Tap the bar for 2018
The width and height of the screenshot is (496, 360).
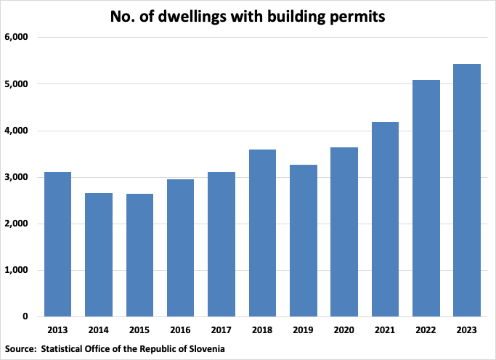[x=262, y=233]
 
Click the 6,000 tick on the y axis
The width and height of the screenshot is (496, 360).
[x=16, y=38]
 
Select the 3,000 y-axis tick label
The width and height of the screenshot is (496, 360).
[x=16, y=177]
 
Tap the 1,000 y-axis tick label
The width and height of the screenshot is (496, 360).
[x=16, y=270]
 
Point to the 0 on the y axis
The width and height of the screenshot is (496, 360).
[x=25, y=316]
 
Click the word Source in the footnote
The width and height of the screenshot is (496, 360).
[x=20, y=348]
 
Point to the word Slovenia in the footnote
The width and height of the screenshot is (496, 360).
[x=205, y=348]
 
